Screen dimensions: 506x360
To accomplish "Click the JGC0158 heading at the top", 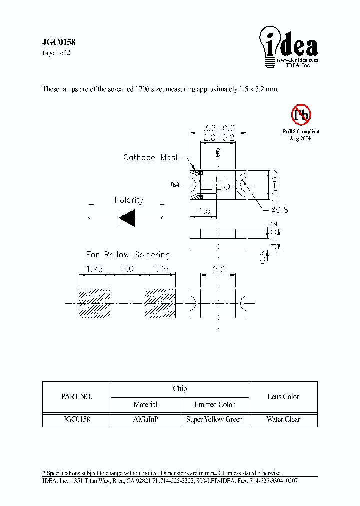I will (x=58, y=43).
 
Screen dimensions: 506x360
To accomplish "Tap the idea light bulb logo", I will (x=288, y=46).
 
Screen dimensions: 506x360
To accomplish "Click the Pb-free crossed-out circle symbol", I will (x=301, y=115).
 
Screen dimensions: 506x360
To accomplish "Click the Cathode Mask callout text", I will (x=151, y=157).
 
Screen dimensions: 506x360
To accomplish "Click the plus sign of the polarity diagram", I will (x=162, y=204).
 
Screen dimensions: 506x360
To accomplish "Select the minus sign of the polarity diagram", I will (x=91, y=204).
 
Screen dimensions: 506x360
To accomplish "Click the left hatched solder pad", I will (x=94, y=303).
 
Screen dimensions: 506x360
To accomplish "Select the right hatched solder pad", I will (x=160, y=303).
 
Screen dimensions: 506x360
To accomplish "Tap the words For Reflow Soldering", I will (x=128, y=255).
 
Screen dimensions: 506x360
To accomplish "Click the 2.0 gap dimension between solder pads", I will (x=127, y=269).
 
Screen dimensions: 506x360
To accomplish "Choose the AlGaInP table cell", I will (x=146, y=419).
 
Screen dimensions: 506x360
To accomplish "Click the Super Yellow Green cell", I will (x=214, y=419).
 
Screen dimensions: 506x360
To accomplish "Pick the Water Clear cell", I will (x=283, y=419).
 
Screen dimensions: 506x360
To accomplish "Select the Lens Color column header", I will (x=283, y=397).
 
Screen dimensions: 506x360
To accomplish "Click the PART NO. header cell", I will (x=76, y=397).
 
